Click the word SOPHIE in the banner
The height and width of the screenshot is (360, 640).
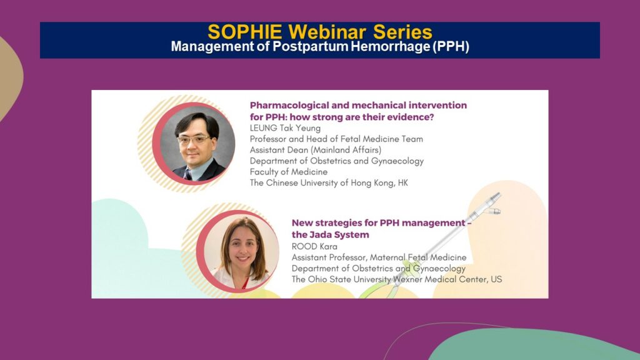click(x=244, y=32)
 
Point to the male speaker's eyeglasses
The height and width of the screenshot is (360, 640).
click(x=195, y=139)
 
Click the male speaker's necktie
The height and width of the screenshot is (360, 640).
click(x=187, y=175)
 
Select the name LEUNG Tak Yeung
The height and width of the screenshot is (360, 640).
click(x=285, y=128)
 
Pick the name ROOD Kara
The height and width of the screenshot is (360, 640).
click(x=314, y=246)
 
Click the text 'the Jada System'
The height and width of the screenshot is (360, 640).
click(x=330, y=235)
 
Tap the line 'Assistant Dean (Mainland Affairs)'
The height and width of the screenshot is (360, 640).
click(x=316, y=150)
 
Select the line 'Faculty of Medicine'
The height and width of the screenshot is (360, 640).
click(x=289, y=172)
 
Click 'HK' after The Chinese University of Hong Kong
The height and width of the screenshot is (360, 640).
click(x=403, y=183)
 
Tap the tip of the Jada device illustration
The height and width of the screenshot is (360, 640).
click(x=498, y=194)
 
